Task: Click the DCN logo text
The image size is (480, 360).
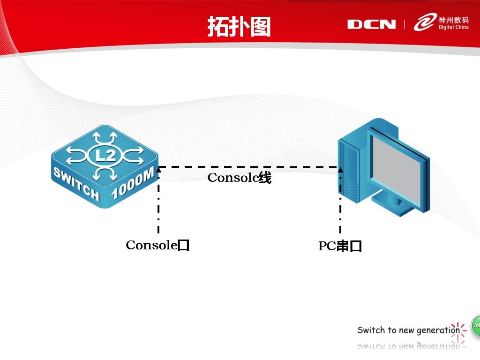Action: (371, 24)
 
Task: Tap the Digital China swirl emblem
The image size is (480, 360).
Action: (424, 22)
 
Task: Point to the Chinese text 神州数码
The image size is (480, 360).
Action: (453, 20)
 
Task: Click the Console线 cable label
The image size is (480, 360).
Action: (239, 178)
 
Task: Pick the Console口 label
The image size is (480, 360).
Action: (157, 245)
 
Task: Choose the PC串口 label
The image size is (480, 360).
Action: (340, 246)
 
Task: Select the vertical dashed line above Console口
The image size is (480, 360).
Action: (158, 206)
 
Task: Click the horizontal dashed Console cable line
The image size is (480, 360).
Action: (248, 167)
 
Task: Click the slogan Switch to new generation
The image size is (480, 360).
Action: (408, 330)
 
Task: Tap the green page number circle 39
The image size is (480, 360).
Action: (476, 325)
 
